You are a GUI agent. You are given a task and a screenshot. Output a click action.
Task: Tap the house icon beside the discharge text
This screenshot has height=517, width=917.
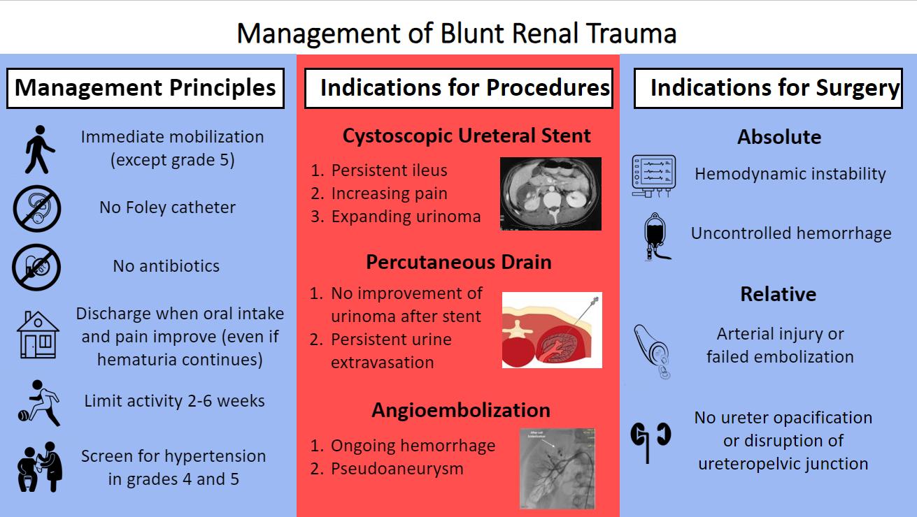(38, 335)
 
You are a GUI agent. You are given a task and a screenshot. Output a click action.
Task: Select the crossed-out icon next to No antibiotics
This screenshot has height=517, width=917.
(36, 267)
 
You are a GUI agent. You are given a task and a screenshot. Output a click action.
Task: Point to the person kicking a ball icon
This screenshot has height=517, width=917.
(38, 403)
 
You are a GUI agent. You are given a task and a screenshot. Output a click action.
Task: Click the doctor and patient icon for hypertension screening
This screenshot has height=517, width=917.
(38, 467)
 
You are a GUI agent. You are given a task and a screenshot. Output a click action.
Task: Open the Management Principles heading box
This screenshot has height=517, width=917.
(145, 88)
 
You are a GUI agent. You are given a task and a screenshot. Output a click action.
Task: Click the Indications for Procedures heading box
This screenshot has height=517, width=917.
(459, 88)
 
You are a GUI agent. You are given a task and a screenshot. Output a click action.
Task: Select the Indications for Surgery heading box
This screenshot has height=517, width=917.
(768, 88)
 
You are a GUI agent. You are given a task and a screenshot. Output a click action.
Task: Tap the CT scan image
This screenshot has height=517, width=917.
(550, 194)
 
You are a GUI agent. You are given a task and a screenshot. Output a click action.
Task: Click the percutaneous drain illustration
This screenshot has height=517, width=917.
(552, 330)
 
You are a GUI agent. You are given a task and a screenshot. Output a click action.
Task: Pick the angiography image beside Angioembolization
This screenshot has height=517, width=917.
(557, 468)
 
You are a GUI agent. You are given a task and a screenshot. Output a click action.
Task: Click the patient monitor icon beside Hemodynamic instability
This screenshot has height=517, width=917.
(653, 175)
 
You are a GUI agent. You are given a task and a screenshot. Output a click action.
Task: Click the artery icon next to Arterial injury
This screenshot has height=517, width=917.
(652, 349)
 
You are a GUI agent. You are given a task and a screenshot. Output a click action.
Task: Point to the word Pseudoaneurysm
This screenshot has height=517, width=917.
(397, 468)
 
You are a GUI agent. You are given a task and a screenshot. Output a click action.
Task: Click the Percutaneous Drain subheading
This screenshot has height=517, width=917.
(458, 262)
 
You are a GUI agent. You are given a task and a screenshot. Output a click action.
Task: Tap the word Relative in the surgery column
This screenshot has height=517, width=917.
(779, 294)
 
